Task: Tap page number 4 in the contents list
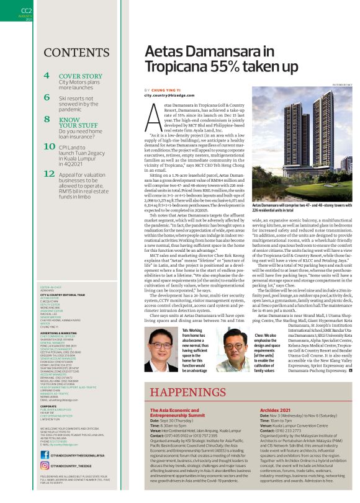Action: [47, 77]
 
